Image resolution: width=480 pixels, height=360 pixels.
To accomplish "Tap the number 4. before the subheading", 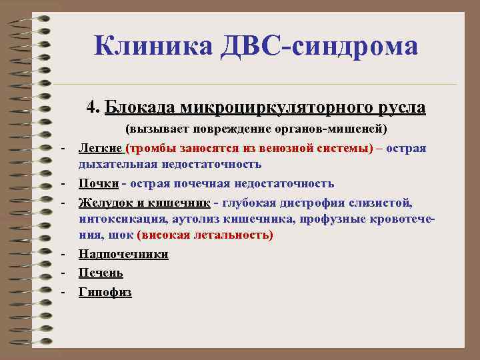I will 93,107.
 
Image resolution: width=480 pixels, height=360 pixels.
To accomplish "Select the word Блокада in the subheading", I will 136,107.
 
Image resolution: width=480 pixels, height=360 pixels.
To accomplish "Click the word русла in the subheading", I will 397,107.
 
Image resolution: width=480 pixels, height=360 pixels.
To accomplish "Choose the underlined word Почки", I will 99,183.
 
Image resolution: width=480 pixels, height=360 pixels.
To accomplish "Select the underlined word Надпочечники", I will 123,254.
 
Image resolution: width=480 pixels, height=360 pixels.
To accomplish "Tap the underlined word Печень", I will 101,273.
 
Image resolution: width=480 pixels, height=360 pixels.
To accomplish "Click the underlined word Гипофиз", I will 105,291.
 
